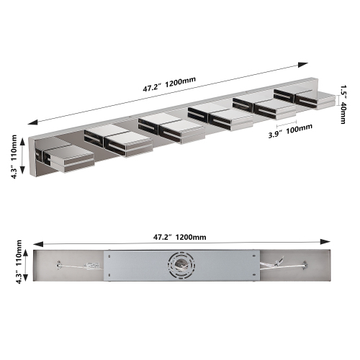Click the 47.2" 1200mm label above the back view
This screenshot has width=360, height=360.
[x=174, y=236]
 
